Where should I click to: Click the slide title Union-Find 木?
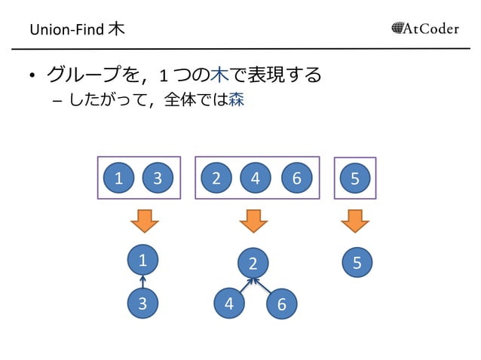(78, 30)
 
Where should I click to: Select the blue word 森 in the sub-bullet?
(236, 99)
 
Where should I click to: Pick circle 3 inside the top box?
(158, 178)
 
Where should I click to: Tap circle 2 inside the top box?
(216, 178)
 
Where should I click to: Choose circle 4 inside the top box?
(256, 178)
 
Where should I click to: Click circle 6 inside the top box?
(296, 178)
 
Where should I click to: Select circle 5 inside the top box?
(356, 178)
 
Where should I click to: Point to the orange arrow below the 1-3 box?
(142, 221)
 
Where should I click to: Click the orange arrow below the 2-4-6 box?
(253, 221)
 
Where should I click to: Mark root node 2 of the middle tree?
(253, 263)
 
